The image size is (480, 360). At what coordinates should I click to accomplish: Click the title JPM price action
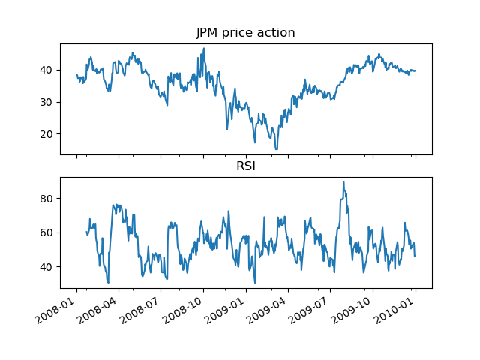[x=245, y=33]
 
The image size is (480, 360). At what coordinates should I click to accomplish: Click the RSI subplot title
[x=245, y=166]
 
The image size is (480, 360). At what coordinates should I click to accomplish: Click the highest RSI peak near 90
[x=343, y=181]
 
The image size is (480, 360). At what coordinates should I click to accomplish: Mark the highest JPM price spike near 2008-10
[x=203, y=49]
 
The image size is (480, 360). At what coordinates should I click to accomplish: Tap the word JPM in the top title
[x=208, y=33]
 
